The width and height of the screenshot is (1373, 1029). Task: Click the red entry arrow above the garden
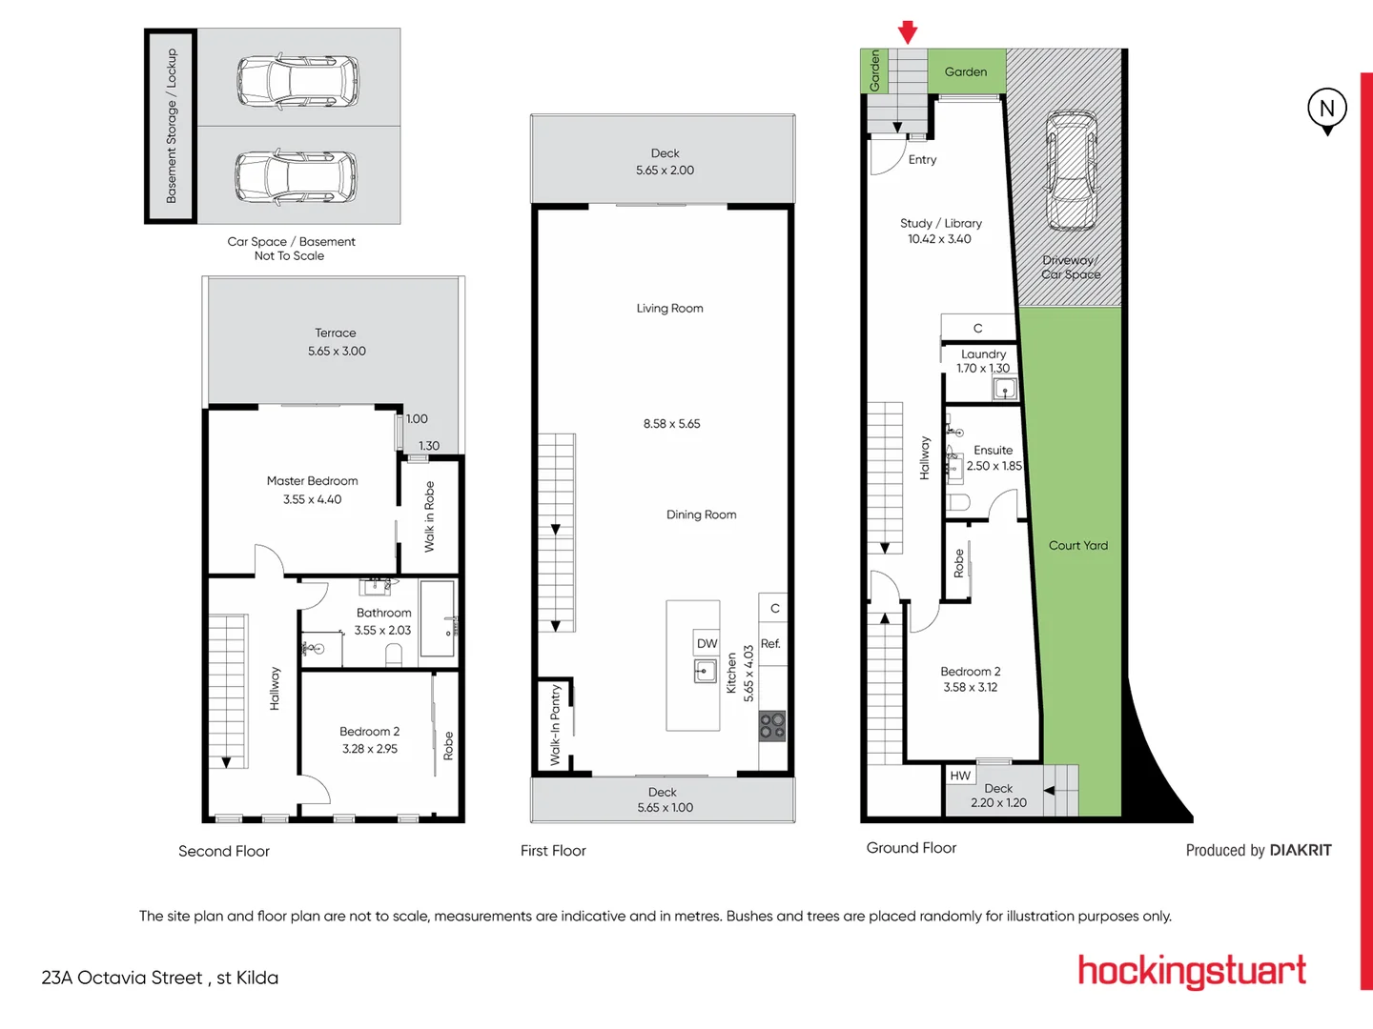[x=908, y=32]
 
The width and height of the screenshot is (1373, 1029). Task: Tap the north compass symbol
[x=1326, y=109]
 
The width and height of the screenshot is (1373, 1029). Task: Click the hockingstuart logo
[x=1191, y=971]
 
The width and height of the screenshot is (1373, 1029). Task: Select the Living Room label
[x=669, y=309]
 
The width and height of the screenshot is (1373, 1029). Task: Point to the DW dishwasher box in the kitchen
[x=707, y=643]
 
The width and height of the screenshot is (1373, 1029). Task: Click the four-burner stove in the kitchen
[x=772, y=727]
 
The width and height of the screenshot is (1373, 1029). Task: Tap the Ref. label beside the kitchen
[x=770, y=644]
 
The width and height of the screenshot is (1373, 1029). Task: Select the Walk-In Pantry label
[x=555, y=725]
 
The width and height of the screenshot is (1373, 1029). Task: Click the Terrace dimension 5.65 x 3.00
[x=337, y=352]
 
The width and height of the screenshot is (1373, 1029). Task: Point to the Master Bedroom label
[x=312, y=481]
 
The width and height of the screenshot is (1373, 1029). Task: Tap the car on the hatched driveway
[x=1071, y=171]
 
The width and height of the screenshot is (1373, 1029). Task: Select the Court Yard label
[x=1077, y=546]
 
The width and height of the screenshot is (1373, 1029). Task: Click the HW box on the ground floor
[x=960, y=776]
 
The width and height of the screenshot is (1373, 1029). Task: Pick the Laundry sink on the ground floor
[x=1005, y=389]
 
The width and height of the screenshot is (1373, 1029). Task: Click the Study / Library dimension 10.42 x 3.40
[x=939, y=239]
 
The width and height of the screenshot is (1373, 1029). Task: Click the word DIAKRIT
[x=1300, y=850]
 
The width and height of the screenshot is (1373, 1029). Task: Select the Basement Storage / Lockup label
[x=172, y=126]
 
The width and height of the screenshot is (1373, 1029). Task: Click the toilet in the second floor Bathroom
[x=394, y=655]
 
